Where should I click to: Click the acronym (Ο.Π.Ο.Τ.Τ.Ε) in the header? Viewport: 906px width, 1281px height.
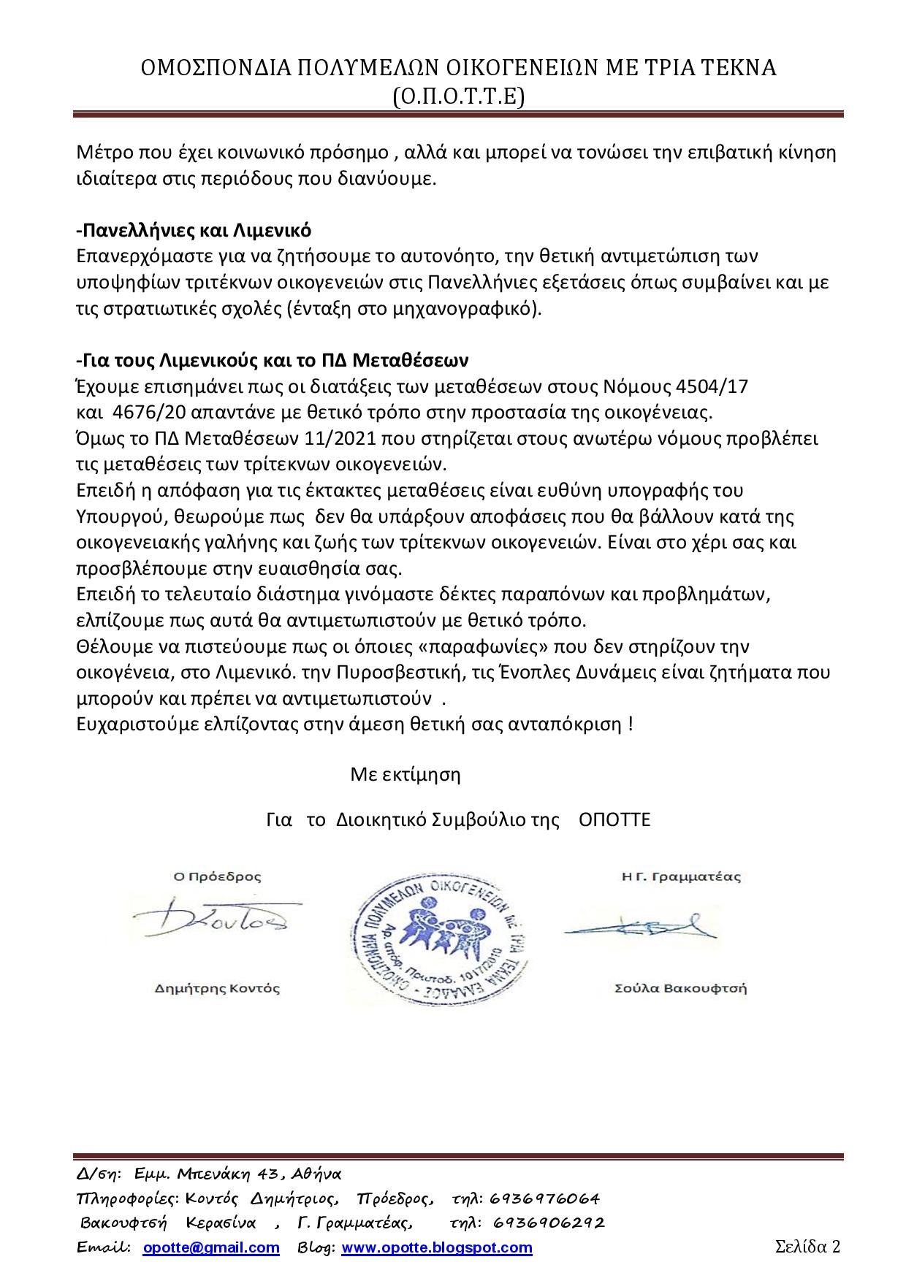pos(458,96)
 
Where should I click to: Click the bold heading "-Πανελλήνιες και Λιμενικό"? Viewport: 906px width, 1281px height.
pos(194,231)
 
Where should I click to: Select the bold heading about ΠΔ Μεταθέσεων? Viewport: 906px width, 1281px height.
pos(272,361)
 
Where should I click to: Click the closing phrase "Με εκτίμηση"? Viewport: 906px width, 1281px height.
pos(406,774)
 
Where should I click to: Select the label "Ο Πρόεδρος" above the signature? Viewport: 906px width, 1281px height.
pos(216,876)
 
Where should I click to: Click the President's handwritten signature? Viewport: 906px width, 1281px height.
pos(217,922)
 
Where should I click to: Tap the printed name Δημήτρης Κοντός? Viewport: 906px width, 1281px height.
pos(217,989)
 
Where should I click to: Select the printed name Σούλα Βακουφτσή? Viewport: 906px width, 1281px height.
pos(681,989)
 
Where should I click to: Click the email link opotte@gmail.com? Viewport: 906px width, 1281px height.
pos(211,1247)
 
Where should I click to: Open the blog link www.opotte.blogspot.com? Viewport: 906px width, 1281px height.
pos(437,1247)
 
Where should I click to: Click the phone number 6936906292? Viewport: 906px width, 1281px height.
pos(549,1223)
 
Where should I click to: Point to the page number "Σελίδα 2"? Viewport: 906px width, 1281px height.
pos(807,1246)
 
